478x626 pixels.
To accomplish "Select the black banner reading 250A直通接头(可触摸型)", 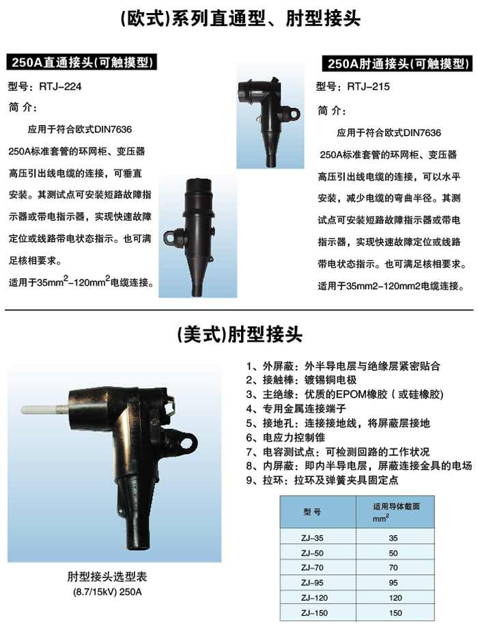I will click(x=83, y=63).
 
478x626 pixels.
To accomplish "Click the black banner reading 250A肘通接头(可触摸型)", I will click(x=397, y=65).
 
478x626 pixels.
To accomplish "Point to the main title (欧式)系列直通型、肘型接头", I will click(x=238, y=18).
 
